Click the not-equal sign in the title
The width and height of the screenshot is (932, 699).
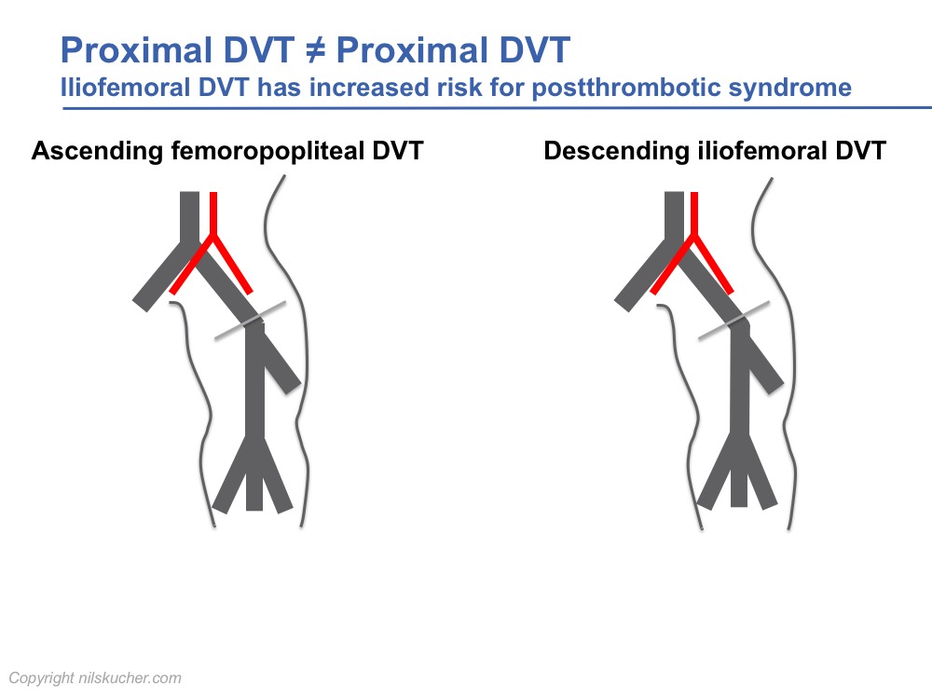point(315,50)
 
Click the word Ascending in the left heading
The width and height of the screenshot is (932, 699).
point(97,152)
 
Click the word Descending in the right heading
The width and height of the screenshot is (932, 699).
point(616,152)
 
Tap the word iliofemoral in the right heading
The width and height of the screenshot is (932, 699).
point(761,150)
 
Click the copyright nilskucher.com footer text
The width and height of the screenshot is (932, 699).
point(95,678)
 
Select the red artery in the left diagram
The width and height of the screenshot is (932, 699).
point(212,238)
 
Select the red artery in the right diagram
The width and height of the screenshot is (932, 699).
point(693,238)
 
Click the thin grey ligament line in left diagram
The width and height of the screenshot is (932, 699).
point(250,321)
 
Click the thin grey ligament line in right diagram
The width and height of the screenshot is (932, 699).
point(734,321)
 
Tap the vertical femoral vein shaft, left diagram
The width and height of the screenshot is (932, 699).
point(255,380)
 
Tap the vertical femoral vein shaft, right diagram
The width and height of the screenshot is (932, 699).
point(739,380)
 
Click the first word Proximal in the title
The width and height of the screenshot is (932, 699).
point(136,50)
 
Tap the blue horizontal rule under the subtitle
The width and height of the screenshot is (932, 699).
point(497,108)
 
